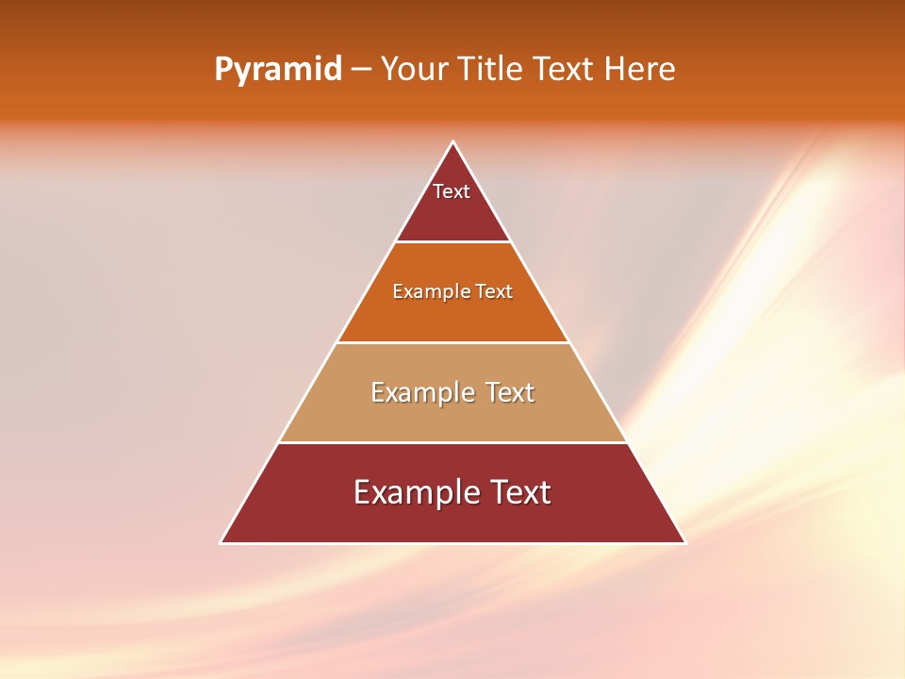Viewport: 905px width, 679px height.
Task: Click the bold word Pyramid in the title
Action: click(277, 70)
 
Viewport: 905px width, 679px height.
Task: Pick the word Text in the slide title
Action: click(564, 70)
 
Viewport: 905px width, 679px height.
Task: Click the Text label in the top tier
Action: click(452, 191)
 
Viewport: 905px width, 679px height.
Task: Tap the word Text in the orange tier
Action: click(494, 291)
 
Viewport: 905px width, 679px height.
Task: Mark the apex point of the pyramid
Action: click(453, 142)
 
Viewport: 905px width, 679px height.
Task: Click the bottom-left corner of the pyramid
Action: click(222, 542)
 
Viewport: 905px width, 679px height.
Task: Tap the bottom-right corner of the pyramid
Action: click(684, 542)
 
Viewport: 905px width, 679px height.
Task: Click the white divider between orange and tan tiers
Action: click(452, 342)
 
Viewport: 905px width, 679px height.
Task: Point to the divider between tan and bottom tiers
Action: click(452, 442)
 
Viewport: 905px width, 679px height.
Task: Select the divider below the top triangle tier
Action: click(452, 242)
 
